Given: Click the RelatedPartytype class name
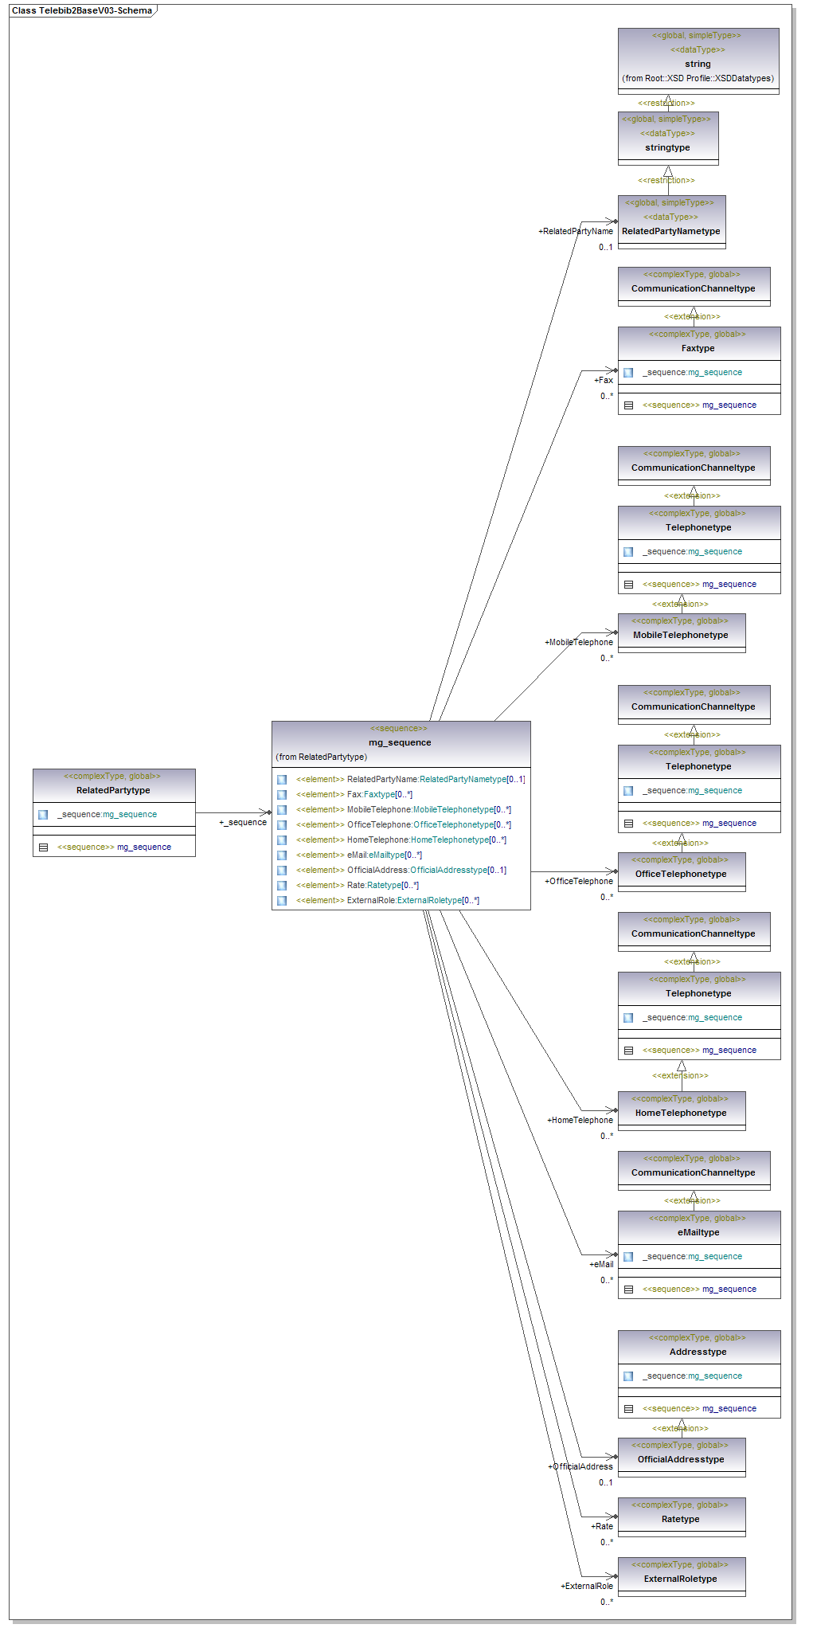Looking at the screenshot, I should pyautogui.click(x=113, y=790).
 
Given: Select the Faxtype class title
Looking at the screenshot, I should pyautogui.click(x=698, y=348).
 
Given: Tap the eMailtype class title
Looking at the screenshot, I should pyautogui.click(x=698, y=1232).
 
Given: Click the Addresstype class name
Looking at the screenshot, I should pyautogui.click(x=698, y=1352).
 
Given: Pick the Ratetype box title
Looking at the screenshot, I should pyautogui.click(x=680, y=1519).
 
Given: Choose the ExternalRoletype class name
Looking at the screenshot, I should pyautogui.click(x=680, y=1579).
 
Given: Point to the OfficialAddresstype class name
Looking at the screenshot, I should pyautogui.click(x=681, y=1459).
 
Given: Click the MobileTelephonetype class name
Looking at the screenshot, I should pyautogui.click(x=680, y=635).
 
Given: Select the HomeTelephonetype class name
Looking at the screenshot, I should pyautogui.click(x=680, y=1113).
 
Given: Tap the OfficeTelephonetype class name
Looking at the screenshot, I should pyautogui.click(x=680, y=874).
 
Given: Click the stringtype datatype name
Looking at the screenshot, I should pyautogui.click(x=667, y=147).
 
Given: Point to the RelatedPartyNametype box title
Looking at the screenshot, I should pyautogui.click(x=670, y=231).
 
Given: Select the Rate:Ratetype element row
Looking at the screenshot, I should pyautogui.click(x=382, y=885).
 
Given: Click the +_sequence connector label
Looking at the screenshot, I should pyautogui.click(x=243, y=822).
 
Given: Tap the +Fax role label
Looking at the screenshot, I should pyautogui.click(x=604, y=380).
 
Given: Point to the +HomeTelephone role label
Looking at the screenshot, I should pyautogui.click(x=580, y=1120).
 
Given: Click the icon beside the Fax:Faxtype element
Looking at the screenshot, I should pyautogui.click(x=282, y=794).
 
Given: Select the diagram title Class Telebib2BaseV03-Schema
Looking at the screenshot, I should pyautogui.click(x=81, y=10).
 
